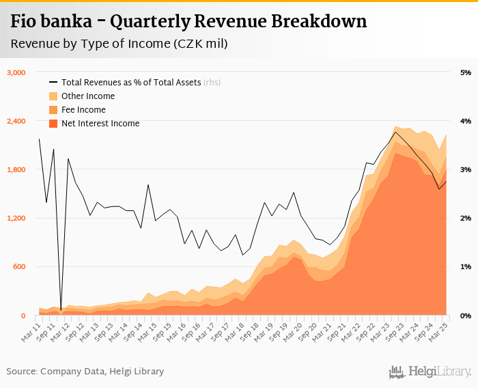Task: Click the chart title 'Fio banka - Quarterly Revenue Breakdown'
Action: [x=188, y=22]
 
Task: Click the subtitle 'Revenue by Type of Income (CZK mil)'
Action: [x=119, y=44]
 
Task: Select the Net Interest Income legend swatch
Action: [x=53, y=124]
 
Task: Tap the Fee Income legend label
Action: [x=83, y=110]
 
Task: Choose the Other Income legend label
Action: [x=87, y=96]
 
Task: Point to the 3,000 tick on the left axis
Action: [x=16, y=72]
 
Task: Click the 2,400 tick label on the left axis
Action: [x=16, y=121]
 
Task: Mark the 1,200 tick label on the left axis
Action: [x=16, y=218]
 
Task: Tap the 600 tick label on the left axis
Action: [x=19, y=266]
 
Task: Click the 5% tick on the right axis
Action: [x=466, y=72]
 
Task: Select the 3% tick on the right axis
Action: [x=466, y=169]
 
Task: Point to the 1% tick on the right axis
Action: [x=466, y=266]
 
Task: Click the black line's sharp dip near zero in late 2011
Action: [x=61, y=309]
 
